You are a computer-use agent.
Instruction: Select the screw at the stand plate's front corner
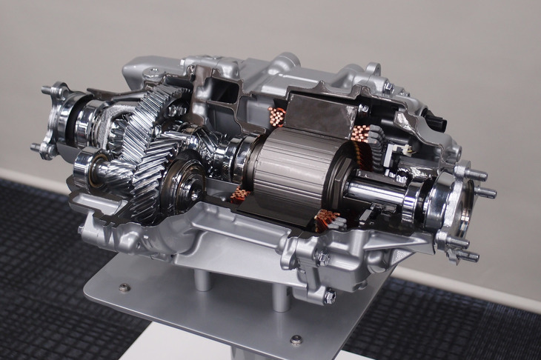coord(296,340)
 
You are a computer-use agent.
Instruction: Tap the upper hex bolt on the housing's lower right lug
coord(323,259)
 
